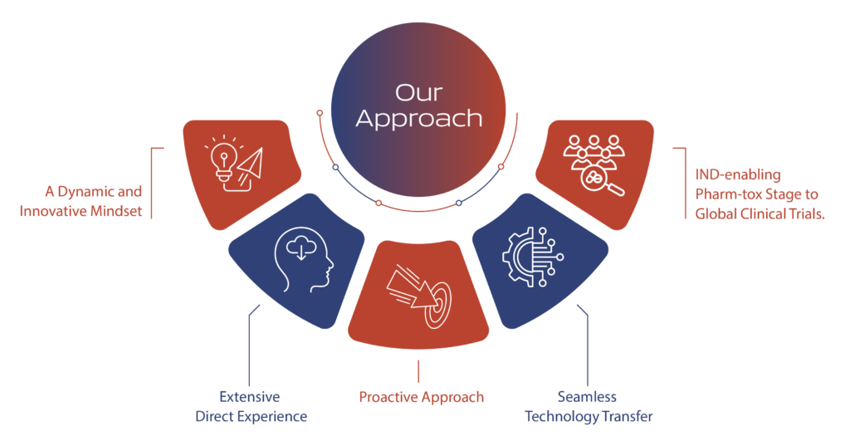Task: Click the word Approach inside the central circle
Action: click(x=419, y=119)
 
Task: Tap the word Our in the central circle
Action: click(x=418, y=93)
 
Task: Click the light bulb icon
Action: click(x=222, y=161)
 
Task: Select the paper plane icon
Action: click(x=250, y=164)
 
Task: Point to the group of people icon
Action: click(x=594, y=151)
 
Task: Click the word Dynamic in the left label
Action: click(x=83, y=192)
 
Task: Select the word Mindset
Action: click(x=117, y=210)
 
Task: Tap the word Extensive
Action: click(x=249, y=397)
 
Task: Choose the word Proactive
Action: click(x=388, y=397)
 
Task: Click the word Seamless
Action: click(x=587, y=397)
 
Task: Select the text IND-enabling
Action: click(x=738, y=174)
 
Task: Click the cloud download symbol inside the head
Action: click(x=301, y=248)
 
